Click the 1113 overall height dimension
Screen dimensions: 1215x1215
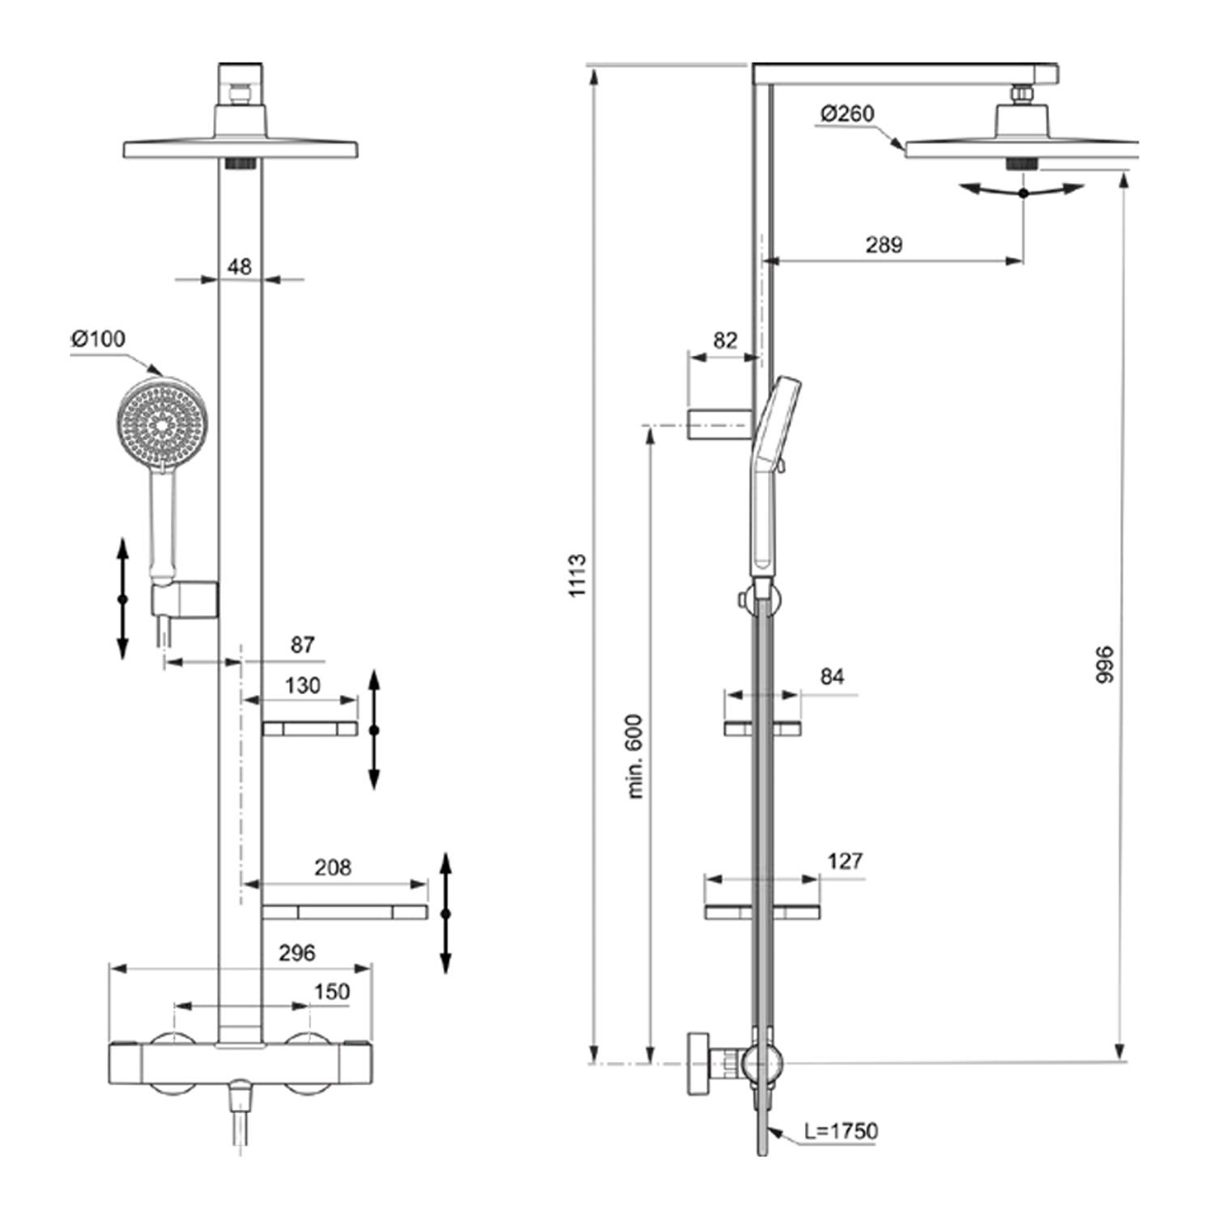coord(577,575)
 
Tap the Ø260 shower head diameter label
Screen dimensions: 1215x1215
coord(847,113)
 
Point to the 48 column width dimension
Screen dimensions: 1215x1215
coord(239,266)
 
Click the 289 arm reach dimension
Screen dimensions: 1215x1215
coord(884,244)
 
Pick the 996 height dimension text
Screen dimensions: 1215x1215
coord(1104,664)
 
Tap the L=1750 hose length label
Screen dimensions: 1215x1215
coord(841,1131)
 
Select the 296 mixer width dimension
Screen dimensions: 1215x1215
coord(296,953)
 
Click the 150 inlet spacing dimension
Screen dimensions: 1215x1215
coord(331,991)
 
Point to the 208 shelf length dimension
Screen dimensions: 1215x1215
coord(332,868)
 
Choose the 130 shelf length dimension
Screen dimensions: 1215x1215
coord(302,685)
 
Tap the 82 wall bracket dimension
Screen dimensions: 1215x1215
coord(725,340)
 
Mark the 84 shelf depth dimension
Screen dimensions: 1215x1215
coord(832,676)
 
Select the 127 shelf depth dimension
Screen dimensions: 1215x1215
coord(845,860)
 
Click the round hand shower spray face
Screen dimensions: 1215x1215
coord(163,422)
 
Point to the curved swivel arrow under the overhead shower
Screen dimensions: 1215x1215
coord(1023,192)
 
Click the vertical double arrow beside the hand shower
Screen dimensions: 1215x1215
coord(122,599)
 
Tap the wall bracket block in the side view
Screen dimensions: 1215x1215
coord(719,424)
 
